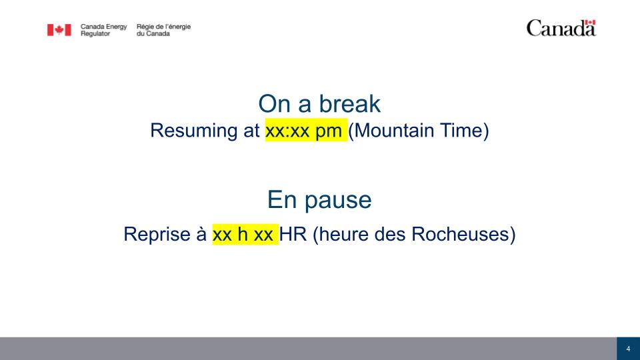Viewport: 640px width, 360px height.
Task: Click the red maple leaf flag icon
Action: tap(59, 30)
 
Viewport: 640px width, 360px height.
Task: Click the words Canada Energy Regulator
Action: tap(104, 30)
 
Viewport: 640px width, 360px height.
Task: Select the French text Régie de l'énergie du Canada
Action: tap(164, 30)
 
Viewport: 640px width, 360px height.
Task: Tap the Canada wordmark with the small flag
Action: tap(561, 28)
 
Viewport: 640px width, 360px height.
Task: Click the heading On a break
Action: tap(319, 104)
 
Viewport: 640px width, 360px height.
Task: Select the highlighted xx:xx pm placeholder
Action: tap(306, 130)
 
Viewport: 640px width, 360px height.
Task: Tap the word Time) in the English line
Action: tap(465, 131)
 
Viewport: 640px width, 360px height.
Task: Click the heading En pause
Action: tap(319, 199)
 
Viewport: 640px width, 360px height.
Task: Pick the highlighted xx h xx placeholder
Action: tap(245, 234)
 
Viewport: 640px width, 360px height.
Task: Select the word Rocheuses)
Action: tap(463, 234)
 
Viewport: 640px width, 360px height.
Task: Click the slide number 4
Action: tap(628, 349)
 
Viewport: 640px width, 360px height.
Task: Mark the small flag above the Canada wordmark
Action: tap(590, 23)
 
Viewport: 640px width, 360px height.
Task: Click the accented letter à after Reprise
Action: tap(201, 234)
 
